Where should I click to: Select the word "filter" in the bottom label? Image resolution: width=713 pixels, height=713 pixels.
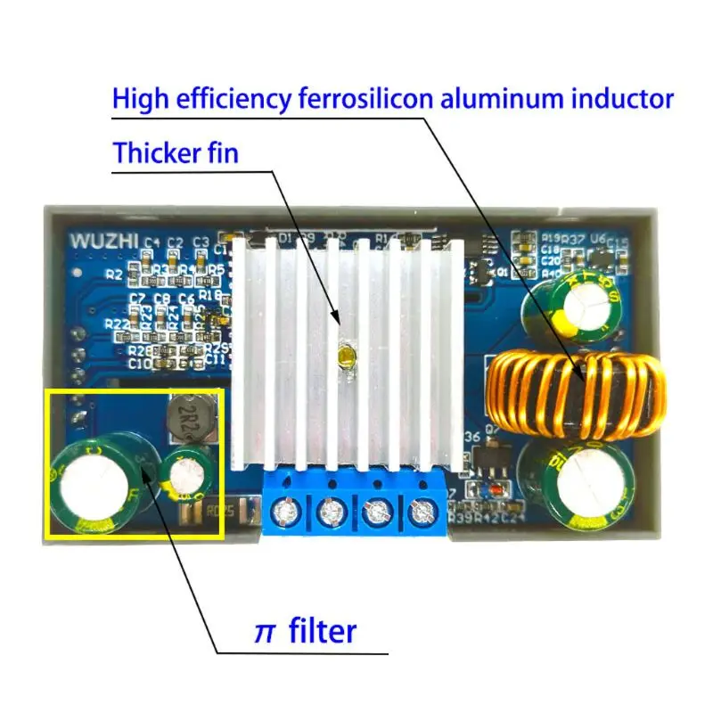(x=323, y=631)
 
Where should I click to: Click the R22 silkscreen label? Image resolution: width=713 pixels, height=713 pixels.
(x=116, y=324)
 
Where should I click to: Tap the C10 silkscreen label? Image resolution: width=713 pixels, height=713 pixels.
(x=140, y=364)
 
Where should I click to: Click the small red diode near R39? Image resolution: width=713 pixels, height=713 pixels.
(x=488, y=492)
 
